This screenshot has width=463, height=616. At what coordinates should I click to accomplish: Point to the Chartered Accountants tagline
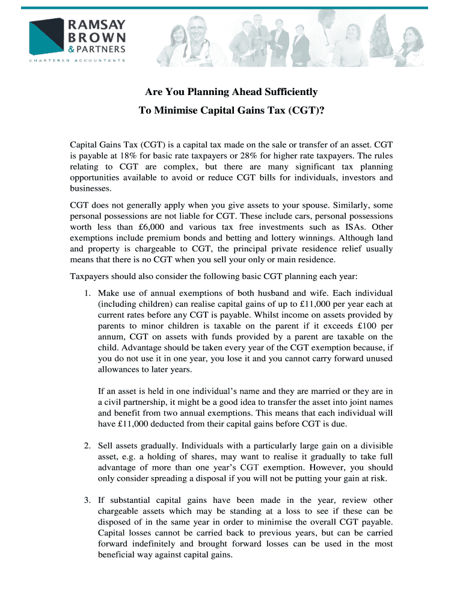[78, 60]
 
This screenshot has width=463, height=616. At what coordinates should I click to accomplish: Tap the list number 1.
[87, 293]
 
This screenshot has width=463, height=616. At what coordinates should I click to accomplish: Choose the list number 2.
[87, 446]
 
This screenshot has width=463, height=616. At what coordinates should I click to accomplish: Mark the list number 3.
[87, 500]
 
